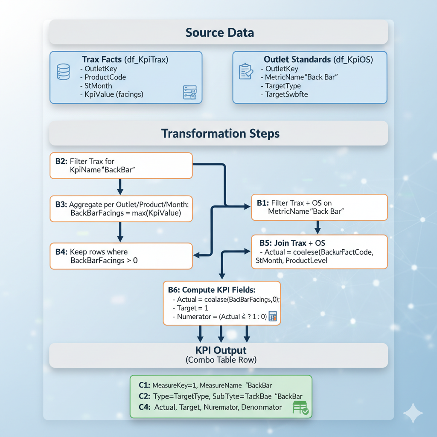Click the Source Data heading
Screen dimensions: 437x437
pyautogui.click(x=219, y=32)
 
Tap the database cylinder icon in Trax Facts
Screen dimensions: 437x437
pyautogui.click(x=63, y=72)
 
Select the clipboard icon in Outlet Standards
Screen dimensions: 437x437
pyautogui.click(x=245, y=72)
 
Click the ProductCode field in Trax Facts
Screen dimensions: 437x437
pyautogui.click(x=105, y=77)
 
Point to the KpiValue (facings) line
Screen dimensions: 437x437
pyautogui.click(x=114, y=94)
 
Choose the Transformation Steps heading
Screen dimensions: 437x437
pyautogui.click(x=220, y=134)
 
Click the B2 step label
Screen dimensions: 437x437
pyautogui.click(x=61, y=161)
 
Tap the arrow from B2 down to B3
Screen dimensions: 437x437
pyautogui.click(x=120, y=187)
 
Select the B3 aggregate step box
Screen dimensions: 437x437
pyautogui.click(x=121, y=209)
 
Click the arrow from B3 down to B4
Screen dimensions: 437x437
pyautogui.click(x=120, y=233)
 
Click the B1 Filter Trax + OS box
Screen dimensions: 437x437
pyautogui.click(x=319, y=207)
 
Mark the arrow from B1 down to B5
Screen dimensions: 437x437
pyautogui.click(x=318, y=227)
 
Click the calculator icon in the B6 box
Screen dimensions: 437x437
pyautogui.click(x=273, y=316)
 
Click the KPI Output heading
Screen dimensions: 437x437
pyautogui.click(x=221, y=350)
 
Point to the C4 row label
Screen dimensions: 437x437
pyautogui.click(x=144, y=407)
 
